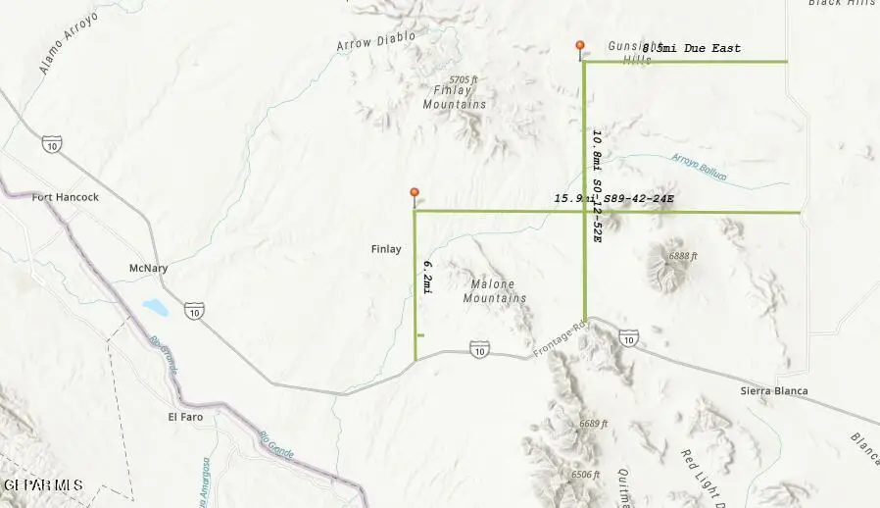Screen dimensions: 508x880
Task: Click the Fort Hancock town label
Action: (66, 197)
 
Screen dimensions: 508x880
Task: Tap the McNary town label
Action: (149, 268)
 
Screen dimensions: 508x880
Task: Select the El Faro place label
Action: (186, 417)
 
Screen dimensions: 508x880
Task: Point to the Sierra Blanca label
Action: (774, 391)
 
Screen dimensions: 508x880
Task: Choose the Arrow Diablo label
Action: (375, 41)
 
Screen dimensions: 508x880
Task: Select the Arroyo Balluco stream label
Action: (700, 166)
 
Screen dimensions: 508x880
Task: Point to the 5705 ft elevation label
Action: (463, 79)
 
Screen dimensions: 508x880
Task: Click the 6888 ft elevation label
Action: (683, 256)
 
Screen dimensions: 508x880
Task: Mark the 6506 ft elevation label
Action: (585, 475)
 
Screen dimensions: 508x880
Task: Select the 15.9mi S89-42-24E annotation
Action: (613, 199)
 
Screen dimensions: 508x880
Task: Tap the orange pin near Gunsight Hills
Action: (580, 46)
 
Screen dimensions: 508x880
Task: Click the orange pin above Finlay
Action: (415, 193)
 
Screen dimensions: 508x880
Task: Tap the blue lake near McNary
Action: (155, 308)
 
